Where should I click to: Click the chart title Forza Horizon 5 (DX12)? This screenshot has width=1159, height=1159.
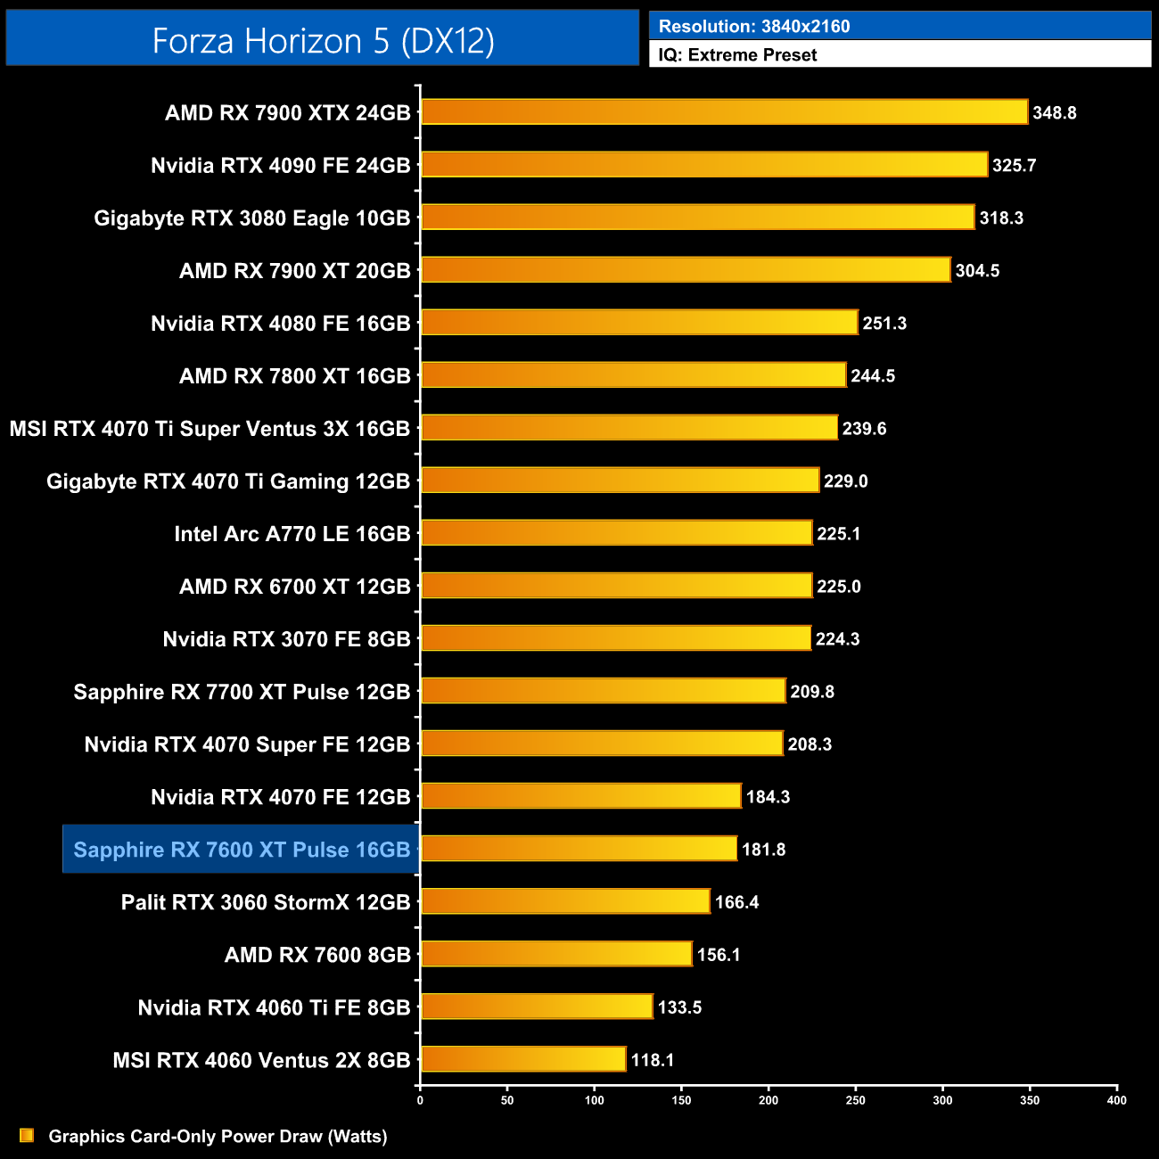[323, 41]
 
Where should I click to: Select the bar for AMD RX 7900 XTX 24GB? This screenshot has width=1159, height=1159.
[724, 112]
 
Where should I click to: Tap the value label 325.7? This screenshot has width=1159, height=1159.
[1014, 166]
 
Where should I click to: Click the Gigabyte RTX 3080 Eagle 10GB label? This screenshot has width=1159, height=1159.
[252, 218]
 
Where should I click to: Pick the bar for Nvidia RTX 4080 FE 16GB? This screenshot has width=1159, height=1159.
[639, 323]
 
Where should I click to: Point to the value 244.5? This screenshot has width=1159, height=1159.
[872, 376]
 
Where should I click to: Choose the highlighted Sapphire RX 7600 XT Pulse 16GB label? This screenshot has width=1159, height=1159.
[242, 850]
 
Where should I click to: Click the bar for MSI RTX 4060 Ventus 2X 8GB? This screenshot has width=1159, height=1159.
[523, 1059]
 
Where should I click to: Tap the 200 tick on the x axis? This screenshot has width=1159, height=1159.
[768, 1100]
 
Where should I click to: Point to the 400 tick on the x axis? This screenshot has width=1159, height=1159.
[1116, 1100]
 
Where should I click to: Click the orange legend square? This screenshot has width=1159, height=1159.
[27, 1135]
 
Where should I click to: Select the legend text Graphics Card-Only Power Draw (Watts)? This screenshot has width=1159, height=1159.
[218, 1137]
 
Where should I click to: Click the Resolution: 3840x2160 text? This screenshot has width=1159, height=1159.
[754, 27]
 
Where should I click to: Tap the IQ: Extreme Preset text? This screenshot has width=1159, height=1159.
[737, 55]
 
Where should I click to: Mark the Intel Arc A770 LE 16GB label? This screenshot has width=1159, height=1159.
[292, 534]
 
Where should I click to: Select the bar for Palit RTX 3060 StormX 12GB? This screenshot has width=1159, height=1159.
[565, 901]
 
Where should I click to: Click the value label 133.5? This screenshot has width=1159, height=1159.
[679, 1007]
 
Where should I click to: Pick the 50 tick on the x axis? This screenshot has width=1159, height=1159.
[507, 1100]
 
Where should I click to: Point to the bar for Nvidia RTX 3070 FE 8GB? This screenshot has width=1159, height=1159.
[616, 638]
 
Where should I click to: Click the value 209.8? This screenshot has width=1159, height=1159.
[811, 692]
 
